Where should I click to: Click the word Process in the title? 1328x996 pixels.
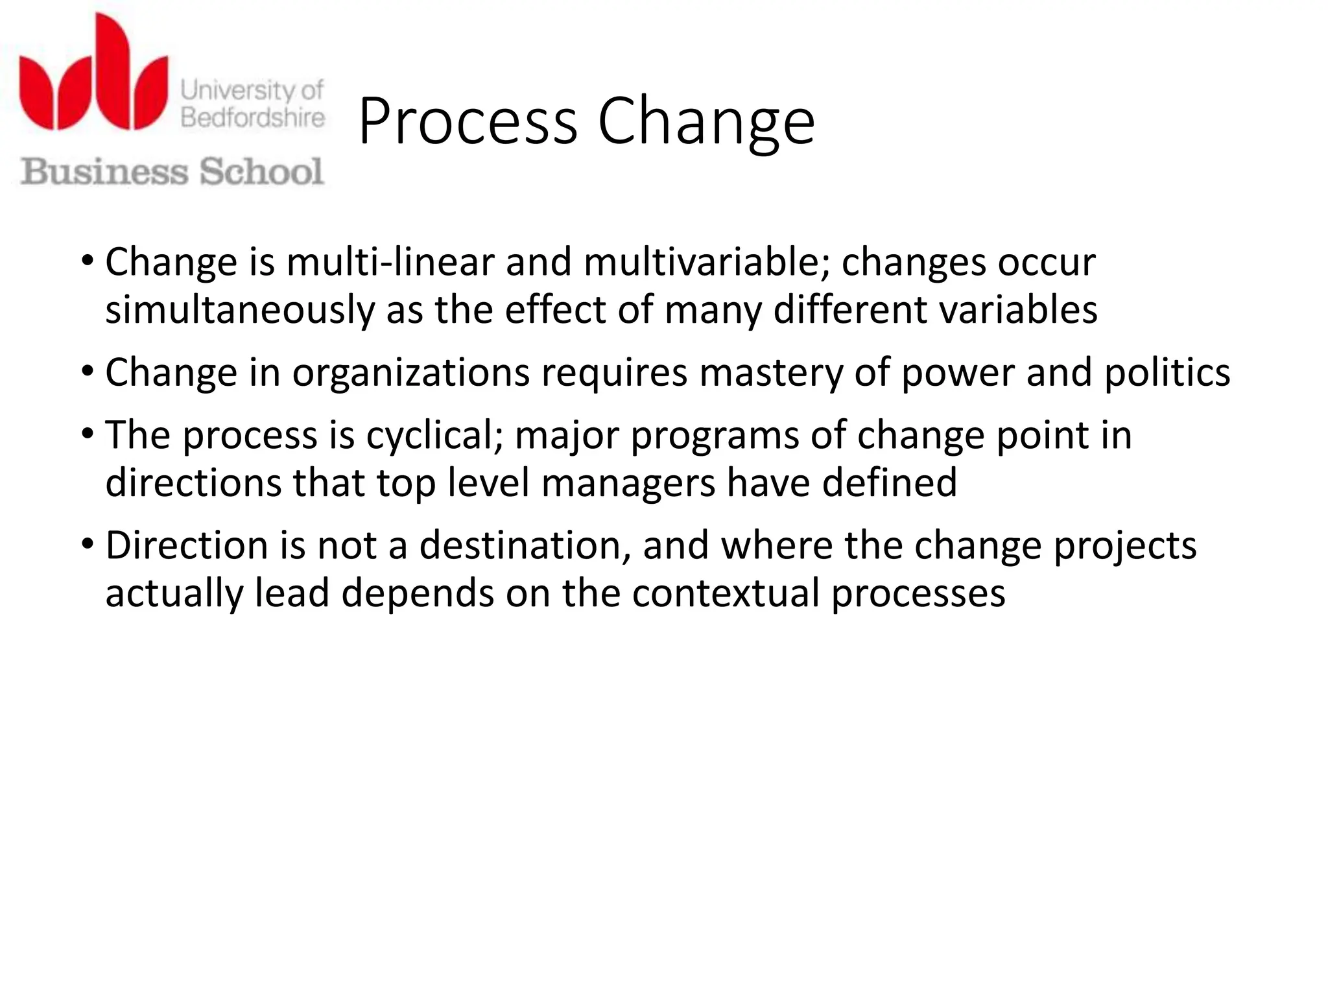(467, 122)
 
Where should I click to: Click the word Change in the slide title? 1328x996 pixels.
(705, 122)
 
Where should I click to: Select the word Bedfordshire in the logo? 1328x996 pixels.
(253, 118)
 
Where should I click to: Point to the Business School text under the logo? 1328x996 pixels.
(172, 172)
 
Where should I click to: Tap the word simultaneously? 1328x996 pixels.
(240, 310)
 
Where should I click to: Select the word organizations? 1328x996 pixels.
(411, 373)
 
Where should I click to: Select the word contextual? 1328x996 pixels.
(726, 593)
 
